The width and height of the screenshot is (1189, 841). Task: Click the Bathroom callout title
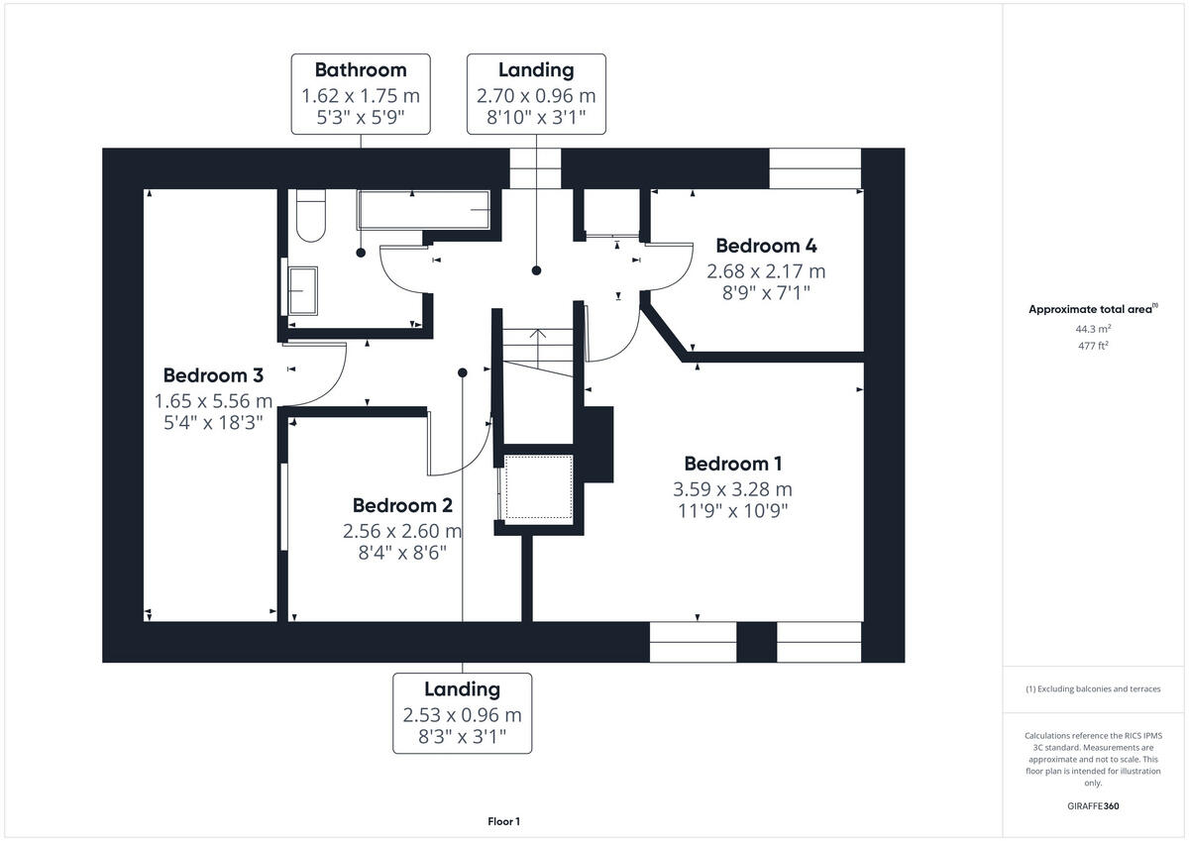[361, 70]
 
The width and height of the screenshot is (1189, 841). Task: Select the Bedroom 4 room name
[766, 246]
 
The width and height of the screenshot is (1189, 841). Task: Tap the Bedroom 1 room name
[732, 464]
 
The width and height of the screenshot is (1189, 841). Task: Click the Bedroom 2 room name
[401, 506]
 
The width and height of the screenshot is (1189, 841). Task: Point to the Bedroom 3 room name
[213, 375]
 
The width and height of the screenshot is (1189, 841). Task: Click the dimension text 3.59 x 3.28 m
[732, 488]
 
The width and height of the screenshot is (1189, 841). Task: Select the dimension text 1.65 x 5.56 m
[213, 401]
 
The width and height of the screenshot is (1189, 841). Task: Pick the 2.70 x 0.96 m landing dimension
[536, 96]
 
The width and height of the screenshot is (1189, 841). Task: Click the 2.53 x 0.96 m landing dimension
[462, 714]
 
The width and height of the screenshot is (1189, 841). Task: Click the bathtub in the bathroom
[423, 209]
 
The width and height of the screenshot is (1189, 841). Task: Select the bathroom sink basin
[302, 289]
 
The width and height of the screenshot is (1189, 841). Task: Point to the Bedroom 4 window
[815, 168]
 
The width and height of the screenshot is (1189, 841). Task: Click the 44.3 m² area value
[1093, 328]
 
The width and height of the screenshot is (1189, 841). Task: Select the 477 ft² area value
[1093, 346]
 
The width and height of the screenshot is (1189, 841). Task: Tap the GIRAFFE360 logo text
[1093, 806]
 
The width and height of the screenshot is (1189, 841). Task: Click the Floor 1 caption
[503, 821]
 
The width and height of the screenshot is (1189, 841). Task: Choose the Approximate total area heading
[1092, 309]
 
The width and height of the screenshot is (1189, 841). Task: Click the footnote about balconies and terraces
[1093, 688]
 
